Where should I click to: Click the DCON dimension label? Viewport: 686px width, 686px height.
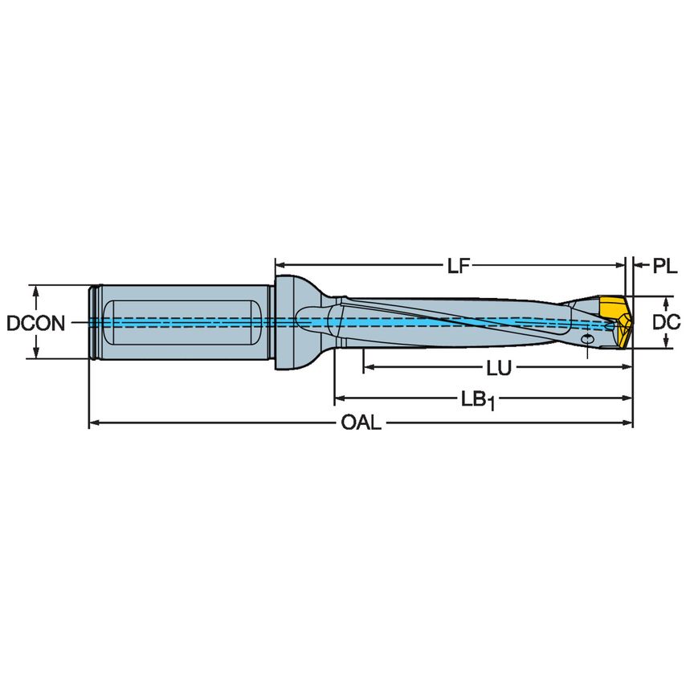tap(35, 323)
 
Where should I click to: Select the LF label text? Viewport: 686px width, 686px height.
tap(458, 266)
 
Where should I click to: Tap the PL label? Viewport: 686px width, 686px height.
tap(664, 266)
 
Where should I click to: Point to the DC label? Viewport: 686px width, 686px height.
tap(667, 323)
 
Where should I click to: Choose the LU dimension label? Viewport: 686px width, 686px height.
tap(499, 368)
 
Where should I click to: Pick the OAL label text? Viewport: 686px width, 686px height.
tap(361, 423)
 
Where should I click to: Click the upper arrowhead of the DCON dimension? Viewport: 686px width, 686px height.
tap(35, 290)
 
